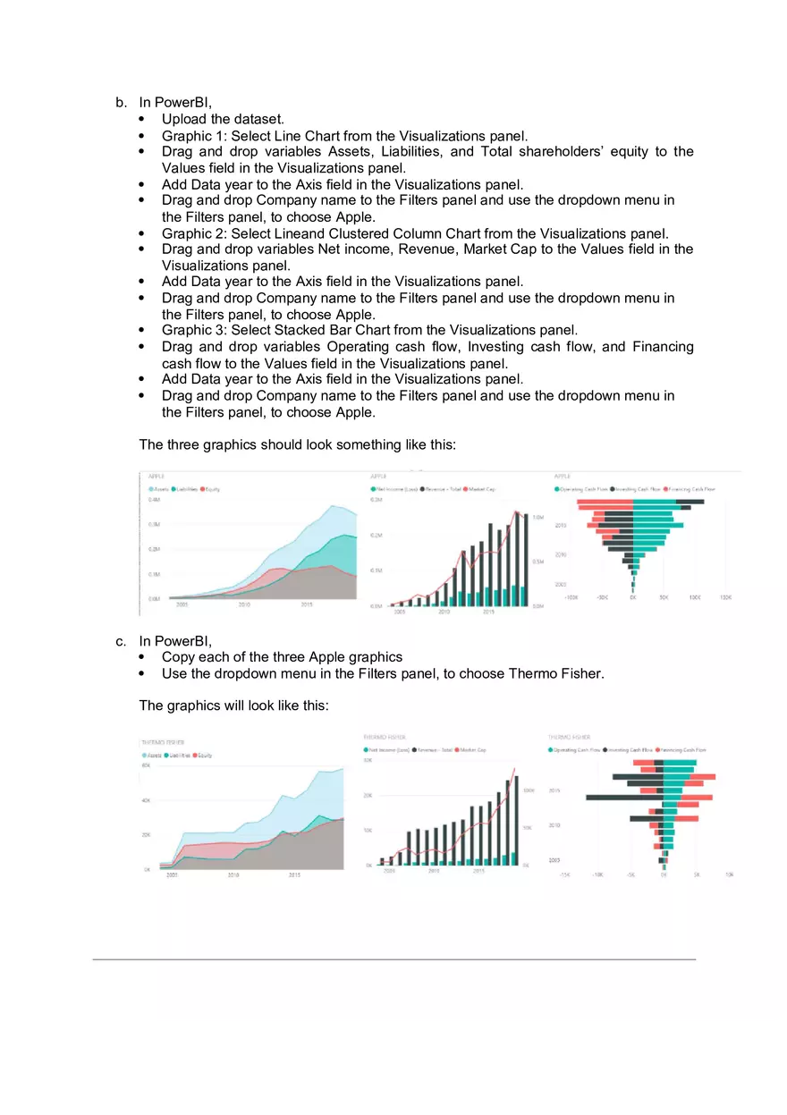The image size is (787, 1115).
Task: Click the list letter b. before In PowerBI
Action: tap(121, 103)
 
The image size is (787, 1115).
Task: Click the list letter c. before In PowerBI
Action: tap(121, 640)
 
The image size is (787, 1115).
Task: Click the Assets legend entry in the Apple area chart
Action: tap(159, 489)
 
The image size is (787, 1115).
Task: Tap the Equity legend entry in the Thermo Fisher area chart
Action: tap(203, 756)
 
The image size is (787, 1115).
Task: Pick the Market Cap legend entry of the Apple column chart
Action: tap(480, 489)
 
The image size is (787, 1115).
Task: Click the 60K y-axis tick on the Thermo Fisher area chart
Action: tap(145, 766)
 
